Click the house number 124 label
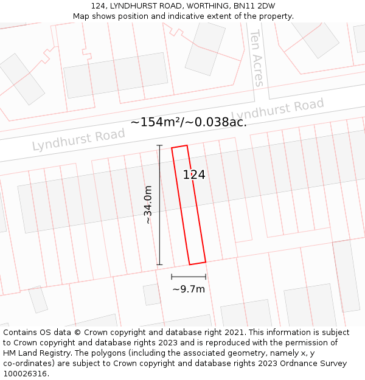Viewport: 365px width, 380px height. (194, 174)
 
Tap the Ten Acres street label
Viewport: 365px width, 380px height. (257, 58)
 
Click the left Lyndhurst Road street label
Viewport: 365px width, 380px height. (78, 140)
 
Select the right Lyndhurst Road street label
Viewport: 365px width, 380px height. (277, 110)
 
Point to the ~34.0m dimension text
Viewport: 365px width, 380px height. (148, 206)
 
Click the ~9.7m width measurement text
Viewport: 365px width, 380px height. (189, 289)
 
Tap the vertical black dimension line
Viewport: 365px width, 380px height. (160, 205)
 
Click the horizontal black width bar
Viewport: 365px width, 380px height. (189, 277)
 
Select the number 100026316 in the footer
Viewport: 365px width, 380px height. (26, 374)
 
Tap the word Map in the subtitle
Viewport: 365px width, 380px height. (81, 16)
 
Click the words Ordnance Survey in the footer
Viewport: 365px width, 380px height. (315, 364)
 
